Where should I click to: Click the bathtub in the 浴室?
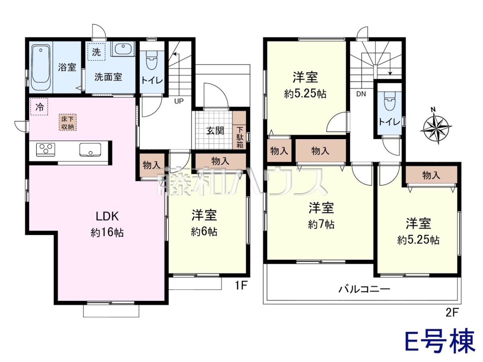(x=41, y=68)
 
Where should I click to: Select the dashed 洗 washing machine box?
(x=96, y=51)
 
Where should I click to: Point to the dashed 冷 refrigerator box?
(x=39, y=107)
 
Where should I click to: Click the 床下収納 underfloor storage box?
(x=68, y=122)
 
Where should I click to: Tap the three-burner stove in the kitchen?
(x=45, y=150)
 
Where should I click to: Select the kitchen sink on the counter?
(x=90, y=150)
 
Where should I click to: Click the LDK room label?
(x=107, y=216)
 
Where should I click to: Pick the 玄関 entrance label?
(x=215, y=131)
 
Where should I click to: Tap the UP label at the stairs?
(x=179, y=101)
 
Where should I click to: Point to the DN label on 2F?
(x=361, y=94)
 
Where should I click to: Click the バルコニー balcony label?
(x=364, y=289)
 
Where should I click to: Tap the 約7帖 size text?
(x=321, y=224)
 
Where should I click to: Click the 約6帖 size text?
(x=204, y=232)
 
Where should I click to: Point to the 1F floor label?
(x=242, y=286)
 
